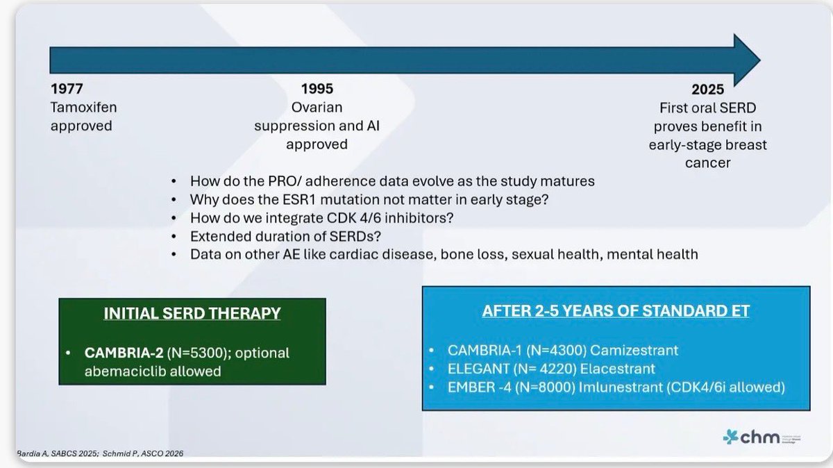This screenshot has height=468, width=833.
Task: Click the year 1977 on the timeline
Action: click(67, 89)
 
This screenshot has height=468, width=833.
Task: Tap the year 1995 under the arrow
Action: click(317, 89)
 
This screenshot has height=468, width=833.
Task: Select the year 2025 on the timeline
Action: click(707, 90)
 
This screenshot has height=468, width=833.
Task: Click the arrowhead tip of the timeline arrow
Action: click(760, 60)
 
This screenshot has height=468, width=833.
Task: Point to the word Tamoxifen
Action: click(84, 107)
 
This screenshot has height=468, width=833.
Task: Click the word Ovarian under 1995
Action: click(317, 107)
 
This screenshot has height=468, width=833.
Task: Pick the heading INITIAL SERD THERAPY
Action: click(192, 313)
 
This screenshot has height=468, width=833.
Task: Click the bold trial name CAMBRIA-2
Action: click(124, 353)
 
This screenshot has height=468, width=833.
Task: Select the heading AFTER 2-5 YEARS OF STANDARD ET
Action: click(616, 310)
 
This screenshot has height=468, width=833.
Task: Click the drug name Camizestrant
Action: click(634, 350)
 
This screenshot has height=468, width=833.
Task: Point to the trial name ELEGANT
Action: click(478, 369)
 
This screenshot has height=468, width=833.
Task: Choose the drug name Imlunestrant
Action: click(621, 387)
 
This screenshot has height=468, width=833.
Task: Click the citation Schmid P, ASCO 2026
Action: click(143, 453)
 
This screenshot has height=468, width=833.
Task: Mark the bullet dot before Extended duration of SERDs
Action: click(174, 236)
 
